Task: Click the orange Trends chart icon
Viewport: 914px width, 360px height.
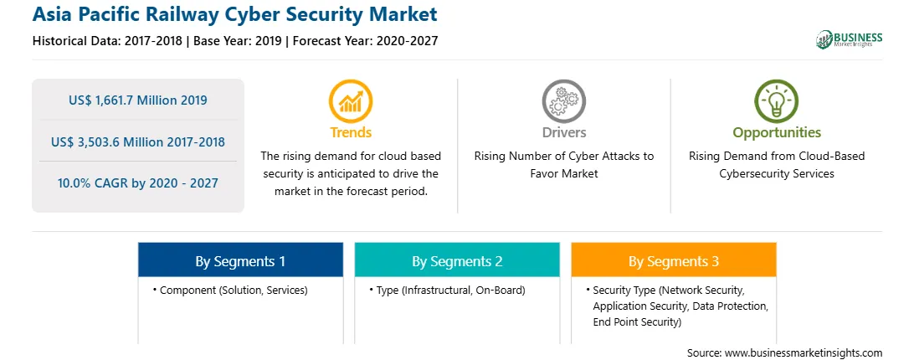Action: click(x=351, y=101)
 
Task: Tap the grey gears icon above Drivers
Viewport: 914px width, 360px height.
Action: click(x=563, y=101)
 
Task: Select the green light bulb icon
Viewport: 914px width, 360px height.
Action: click(x=777, y=101)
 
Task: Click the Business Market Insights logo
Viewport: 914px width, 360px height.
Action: click(x=849, y=39)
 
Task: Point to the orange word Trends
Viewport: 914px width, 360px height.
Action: click(x=351, y=132)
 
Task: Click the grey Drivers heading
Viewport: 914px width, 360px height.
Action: click(x=563, y=132)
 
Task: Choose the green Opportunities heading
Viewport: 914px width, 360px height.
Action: click(x=777, y=133)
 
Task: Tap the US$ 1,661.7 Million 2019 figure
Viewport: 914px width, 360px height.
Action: click(x=137, y=100)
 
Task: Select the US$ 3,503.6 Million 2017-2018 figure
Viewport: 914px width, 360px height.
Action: click(x=137, y=141)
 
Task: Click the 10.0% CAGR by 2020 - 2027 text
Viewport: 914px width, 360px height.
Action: click(x=137, y=183)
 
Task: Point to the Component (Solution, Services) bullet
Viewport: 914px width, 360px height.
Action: click(x=230, y=290)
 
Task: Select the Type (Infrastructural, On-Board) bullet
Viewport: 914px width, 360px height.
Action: click(x=447, y=290)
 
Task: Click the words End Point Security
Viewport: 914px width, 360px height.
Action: click(x=634, y=322)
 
